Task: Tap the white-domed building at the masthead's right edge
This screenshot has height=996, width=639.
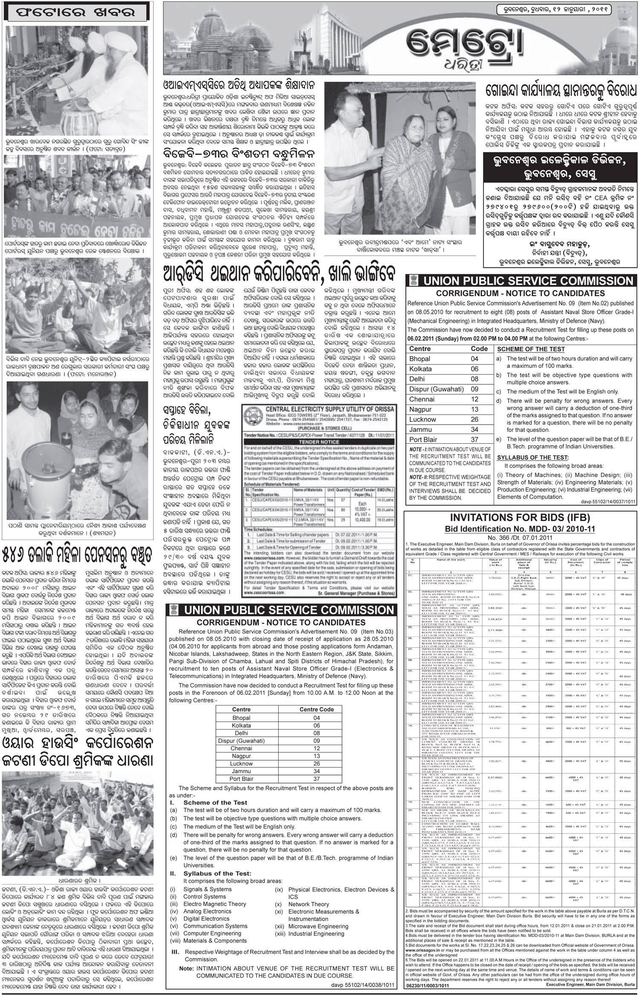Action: (613, 43)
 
